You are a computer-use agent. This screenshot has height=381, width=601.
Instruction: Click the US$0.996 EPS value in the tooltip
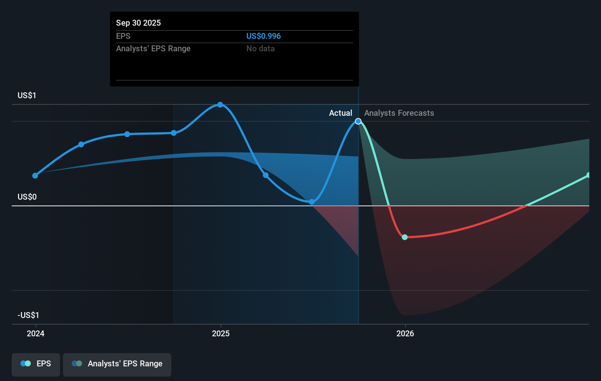[263, 36]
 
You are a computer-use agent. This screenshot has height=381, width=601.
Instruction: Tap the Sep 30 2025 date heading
[138, 23]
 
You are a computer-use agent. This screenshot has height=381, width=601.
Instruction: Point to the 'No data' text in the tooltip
[260, 48]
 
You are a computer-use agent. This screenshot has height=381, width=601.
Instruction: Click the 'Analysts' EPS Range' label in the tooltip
[153, 48]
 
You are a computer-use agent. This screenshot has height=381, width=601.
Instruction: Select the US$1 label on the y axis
[27, 95]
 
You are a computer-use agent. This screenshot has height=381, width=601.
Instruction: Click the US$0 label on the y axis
[27, 197]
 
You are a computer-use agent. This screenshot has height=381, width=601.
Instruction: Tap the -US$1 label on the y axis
[28, 315]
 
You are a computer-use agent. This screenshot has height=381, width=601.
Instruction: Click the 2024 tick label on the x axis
[36, 333]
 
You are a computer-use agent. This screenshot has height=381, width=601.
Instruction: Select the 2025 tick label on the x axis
[221, 333]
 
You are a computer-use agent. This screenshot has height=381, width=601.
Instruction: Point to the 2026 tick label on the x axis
[405, 333]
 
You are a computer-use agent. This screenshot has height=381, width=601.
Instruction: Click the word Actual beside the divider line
[340, 113]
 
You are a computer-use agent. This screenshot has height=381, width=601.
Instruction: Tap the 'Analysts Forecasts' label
[399, 113]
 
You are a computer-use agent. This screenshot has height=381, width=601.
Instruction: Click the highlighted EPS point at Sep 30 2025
[358, 121]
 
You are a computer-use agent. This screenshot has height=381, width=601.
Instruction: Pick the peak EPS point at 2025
[220, 105]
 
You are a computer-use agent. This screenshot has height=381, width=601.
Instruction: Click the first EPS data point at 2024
[35, 176]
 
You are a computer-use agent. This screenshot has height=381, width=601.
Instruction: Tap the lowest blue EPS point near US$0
[311, 202]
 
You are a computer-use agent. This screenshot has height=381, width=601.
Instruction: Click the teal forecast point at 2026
[405, 237]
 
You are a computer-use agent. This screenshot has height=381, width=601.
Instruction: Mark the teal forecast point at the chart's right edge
[589, 175]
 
